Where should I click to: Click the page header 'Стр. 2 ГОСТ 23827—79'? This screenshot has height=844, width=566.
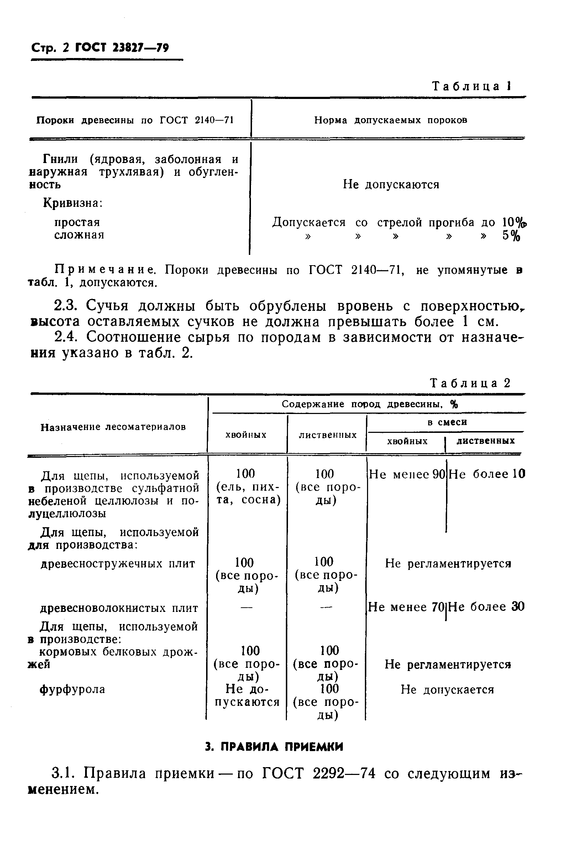click(100, 48)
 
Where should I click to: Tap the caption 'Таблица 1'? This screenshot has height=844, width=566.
click(471, 86)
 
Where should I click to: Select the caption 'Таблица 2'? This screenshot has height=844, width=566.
click(470, 383)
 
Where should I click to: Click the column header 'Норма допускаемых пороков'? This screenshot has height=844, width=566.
click(391, 120)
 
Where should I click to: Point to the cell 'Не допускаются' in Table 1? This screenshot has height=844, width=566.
click(391, 185)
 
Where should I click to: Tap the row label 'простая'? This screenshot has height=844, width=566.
click(77, 222)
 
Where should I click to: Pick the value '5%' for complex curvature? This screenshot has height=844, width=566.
click(511, 236)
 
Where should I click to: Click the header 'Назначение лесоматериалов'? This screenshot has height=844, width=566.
click(113, 427)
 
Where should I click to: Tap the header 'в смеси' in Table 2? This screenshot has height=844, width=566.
click(447, 422)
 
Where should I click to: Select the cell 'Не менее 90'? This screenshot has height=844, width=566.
click(407, 475)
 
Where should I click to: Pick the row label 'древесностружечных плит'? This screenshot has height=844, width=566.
click(118, 563)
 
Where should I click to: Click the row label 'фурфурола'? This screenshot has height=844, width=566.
click(72, 690)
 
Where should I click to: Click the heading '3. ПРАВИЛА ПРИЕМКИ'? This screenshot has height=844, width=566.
click(274, 746)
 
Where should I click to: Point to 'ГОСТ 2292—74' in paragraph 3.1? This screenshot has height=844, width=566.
click(319, 774)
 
